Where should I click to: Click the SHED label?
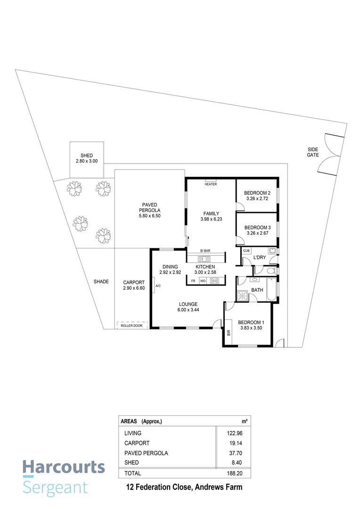(86, 156)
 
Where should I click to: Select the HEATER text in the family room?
(211, 184)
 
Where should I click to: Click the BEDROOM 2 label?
(257, 193)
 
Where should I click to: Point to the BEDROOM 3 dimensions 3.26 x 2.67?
(257, 233)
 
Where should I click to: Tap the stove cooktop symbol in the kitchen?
(214, 281)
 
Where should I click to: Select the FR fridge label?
(193, 281)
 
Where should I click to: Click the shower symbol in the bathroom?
(243, 295)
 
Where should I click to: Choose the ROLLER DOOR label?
(131, 325)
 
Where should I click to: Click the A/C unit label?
(158, 285)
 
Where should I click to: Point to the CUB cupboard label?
(246, 251)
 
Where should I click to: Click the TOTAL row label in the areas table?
(132, 473)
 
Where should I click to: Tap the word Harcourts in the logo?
(64, 468)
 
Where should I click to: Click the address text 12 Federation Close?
(155, 487)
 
